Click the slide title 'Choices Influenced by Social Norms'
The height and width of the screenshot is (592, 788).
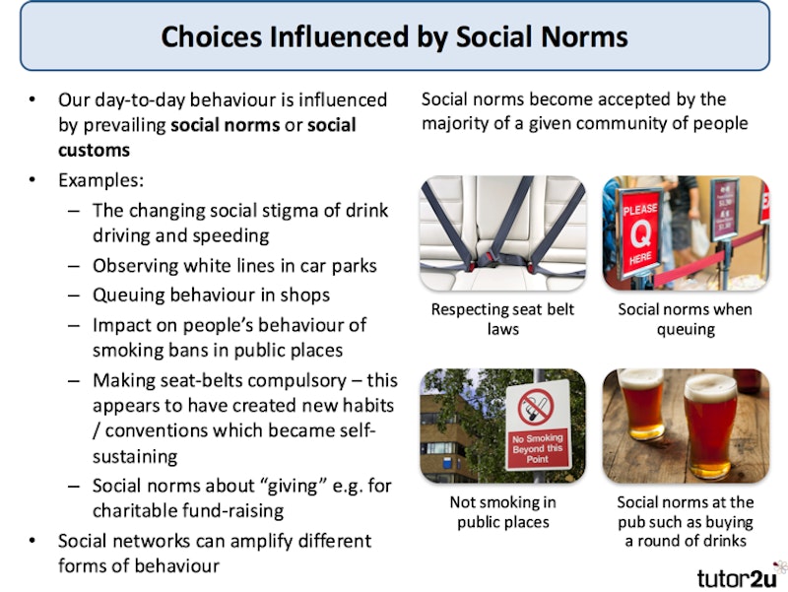pos(394,37)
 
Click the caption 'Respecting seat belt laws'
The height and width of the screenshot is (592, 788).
pos(502,319)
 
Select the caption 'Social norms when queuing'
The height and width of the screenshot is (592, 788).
pos(686,319)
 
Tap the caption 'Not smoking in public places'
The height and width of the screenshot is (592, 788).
pos(502,512)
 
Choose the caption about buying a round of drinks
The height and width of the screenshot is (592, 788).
pos(686,522)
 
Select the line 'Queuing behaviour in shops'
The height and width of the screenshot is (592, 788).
pos(211,295)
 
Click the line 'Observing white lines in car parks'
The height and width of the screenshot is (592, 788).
pos(234,266)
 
